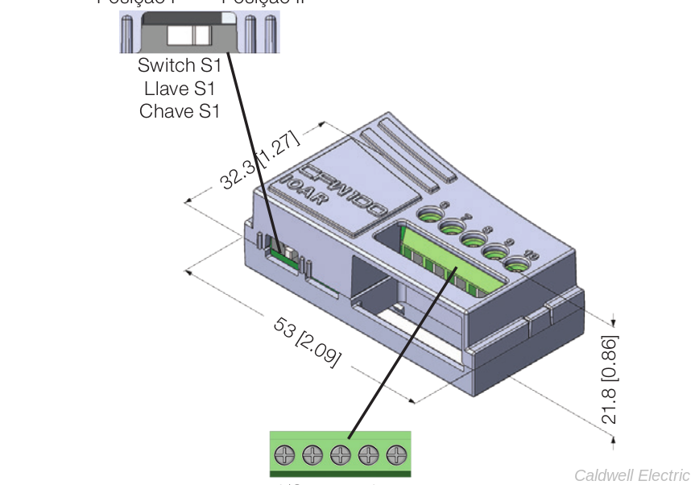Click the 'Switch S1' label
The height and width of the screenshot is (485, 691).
179,65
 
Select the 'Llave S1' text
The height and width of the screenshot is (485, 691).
179,88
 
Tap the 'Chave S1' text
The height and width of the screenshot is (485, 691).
179,110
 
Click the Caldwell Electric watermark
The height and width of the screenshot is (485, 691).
631,475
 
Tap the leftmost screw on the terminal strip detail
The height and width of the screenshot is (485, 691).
283,454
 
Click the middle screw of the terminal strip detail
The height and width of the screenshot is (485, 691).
340,454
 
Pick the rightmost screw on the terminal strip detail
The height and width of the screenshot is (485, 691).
396,454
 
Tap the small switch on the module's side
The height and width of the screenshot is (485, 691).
284,256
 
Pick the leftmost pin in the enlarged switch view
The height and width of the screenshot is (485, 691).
127,33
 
